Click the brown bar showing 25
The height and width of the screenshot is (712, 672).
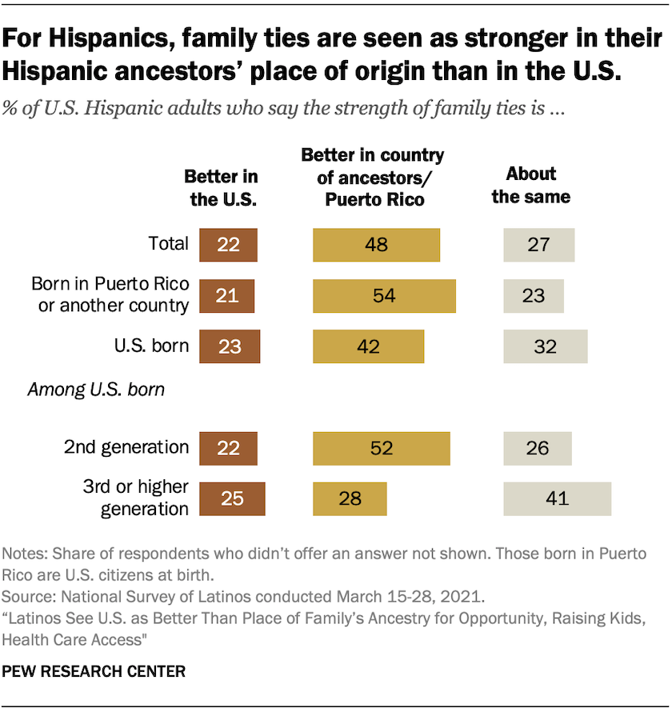point(231,498)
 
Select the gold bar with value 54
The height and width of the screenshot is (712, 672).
point(384,295)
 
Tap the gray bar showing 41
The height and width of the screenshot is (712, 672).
point(557,498)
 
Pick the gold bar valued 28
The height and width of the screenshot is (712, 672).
point(350,498)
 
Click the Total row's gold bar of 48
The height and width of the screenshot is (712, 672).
point(376,245)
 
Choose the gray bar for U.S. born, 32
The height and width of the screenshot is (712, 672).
point(545,346)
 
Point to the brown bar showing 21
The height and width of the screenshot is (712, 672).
point(227,295)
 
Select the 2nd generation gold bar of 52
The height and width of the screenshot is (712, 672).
point(382,448)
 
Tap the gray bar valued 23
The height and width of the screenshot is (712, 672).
point(534,295)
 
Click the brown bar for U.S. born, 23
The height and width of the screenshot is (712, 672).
point(230,346)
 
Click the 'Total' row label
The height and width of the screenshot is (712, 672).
point(169,244)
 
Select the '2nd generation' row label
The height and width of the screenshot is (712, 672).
point(126,447)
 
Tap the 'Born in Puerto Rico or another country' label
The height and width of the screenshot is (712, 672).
point(110,294)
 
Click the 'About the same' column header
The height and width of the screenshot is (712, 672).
point(531,186)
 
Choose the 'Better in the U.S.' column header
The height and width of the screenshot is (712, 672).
point(222,188)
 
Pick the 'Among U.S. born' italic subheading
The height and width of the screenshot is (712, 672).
point(96,390)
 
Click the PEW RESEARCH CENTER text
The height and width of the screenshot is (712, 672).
point(94,671)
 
